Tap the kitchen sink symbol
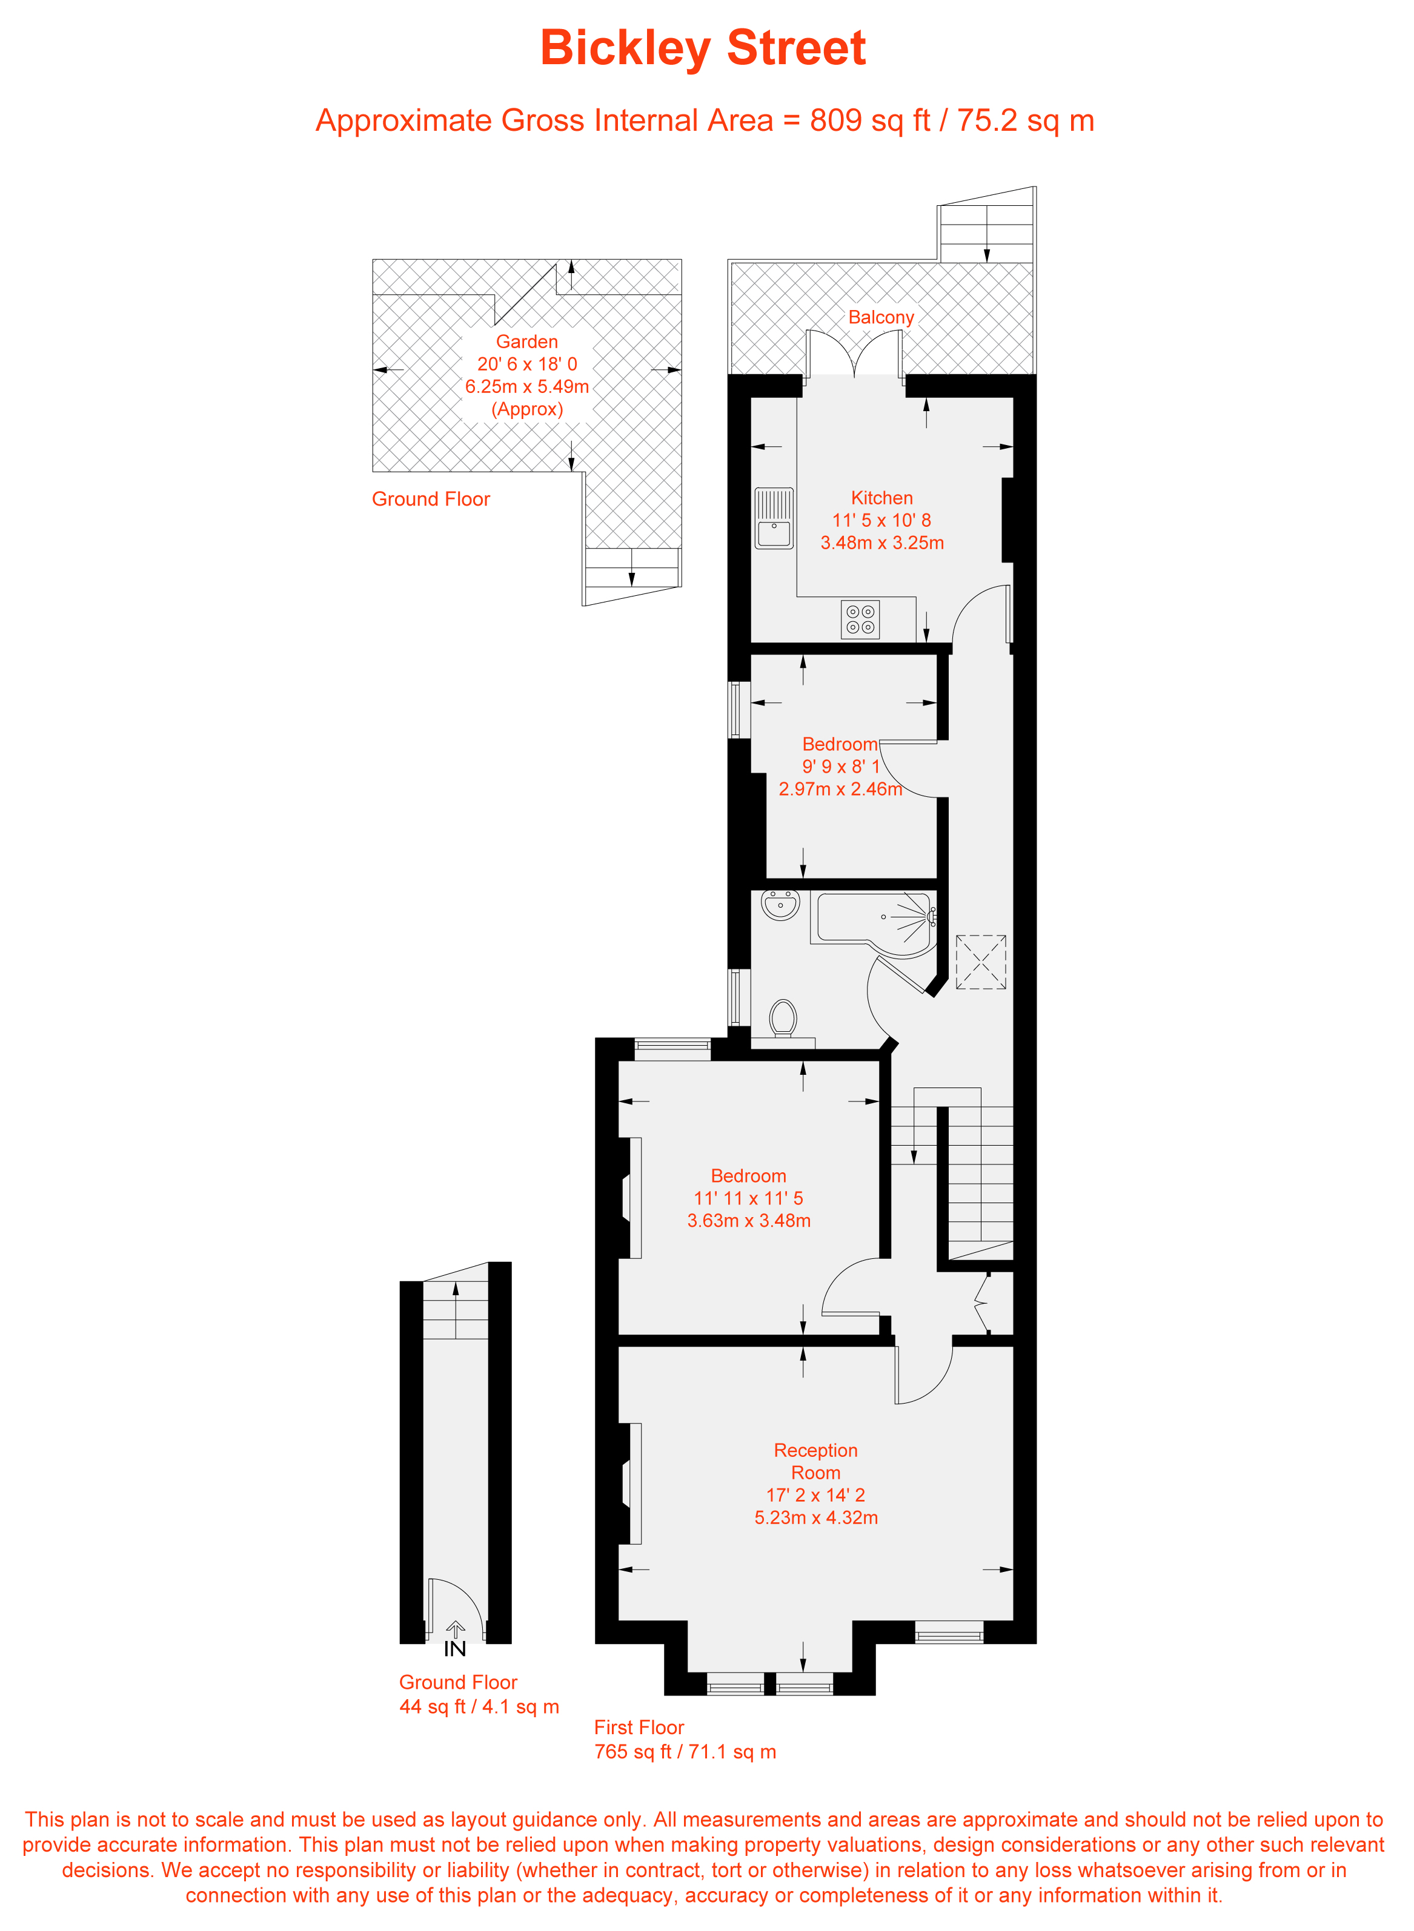[x=774, y=518]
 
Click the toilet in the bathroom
[x=782, y=1018]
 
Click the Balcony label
[x=881, y=317]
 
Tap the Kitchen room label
[x=881, y=498]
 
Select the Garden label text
[x=526, y=342]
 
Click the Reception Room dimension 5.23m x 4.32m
[x=815, y=1518]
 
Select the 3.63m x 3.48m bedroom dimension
[x=748, y=1221]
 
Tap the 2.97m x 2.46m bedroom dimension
[x=840, y=790]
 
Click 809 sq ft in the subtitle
[x=869, y=120]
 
